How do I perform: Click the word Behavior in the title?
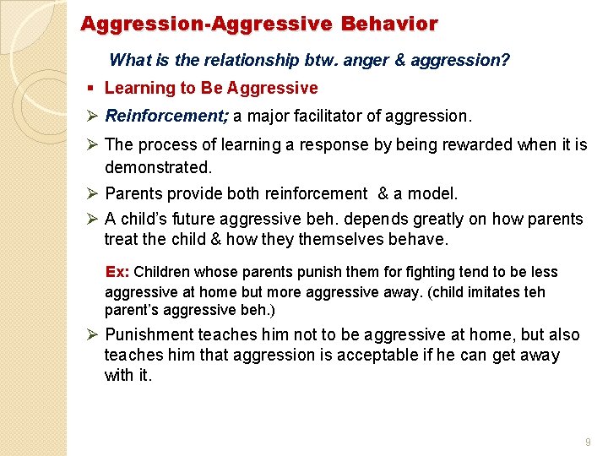point(389,24)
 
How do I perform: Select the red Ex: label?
point(117,272)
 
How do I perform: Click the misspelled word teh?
point(534,292)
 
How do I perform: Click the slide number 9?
point(587,442)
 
